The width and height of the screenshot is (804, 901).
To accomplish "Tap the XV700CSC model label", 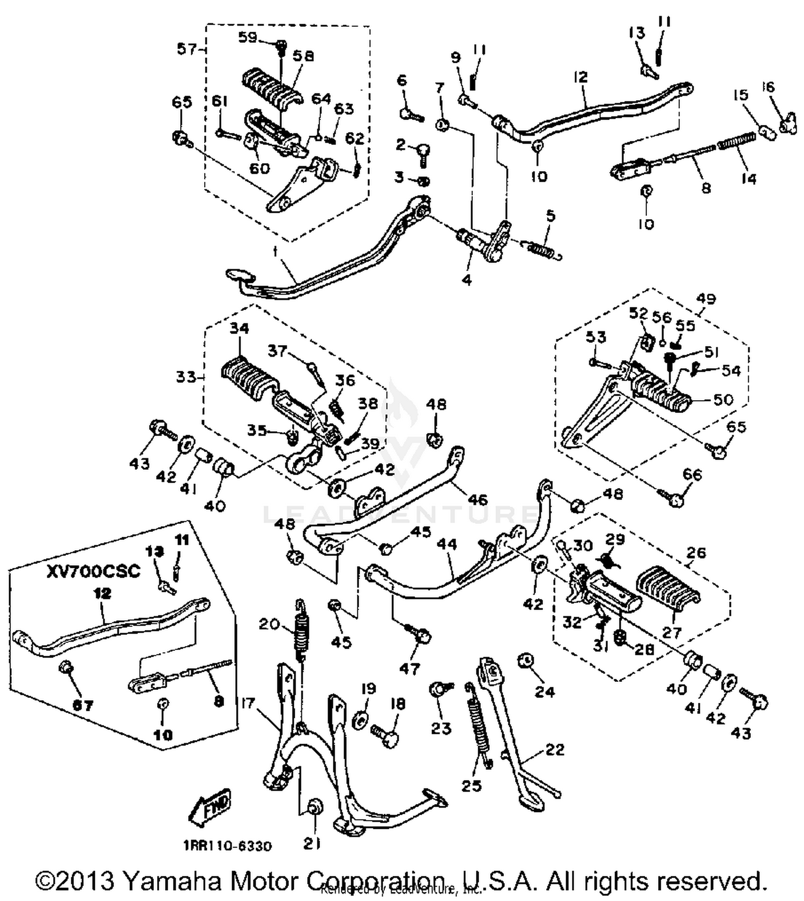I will pos(93,571).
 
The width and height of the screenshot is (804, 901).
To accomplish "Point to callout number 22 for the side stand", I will pos(555,749).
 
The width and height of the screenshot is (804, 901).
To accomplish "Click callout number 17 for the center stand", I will pos(248,703).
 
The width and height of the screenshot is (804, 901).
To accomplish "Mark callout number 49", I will pos(705,299).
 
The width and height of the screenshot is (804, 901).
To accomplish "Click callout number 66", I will pos(692,475).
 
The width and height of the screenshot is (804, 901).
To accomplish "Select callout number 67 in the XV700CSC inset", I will pos(83,706).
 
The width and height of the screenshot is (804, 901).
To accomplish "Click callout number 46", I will pos(478,499).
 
